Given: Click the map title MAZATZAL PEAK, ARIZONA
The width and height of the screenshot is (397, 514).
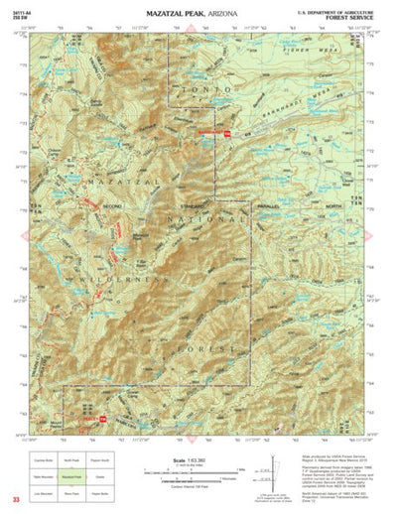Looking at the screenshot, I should click(198, 11).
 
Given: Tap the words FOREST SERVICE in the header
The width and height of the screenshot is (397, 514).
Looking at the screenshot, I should click(350, 17).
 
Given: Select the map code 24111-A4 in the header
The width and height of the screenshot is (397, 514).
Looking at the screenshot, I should click(27, 9).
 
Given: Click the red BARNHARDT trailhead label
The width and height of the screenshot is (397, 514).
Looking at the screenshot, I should click(206, 132).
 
